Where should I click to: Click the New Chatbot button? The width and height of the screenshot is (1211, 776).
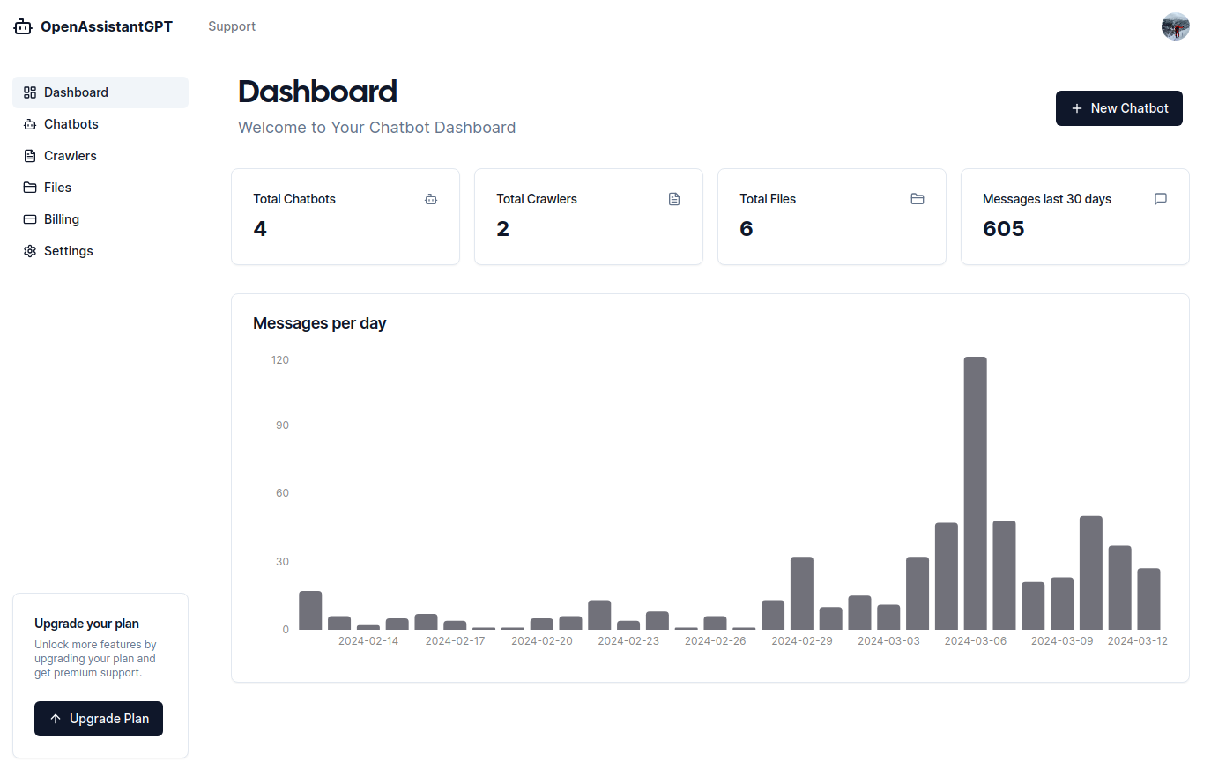click(x=1118, y=108)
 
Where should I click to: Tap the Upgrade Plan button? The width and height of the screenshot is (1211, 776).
click(x=99, y=719)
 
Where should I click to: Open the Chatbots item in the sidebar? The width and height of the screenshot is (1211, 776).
click(x=71, y=124)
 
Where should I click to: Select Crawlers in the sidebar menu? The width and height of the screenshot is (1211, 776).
click(x=70, y=156)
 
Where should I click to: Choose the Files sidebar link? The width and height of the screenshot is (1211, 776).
click(x=57, y=188)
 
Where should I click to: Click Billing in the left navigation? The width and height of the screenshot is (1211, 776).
click(x=61, y=219)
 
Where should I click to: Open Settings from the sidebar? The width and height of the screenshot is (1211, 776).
click(x=68, y=251)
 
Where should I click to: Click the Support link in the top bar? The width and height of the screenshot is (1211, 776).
click(x=232, y=26)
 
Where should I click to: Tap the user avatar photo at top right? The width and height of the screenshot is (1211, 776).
click(x=1175, y=26)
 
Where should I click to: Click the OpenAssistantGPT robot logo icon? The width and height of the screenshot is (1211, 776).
click(x=23, y=27)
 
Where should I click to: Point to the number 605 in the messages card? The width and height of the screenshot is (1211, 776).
click(x=1003, y=229)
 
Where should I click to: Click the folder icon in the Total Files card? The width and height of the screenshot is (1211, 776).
click(x=918, y=199)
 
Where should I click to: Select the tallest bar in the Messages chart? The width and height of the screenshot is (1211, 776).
click(x=975, y=492)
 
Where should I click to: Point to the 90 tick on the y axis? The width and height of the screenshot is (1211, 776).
click(x=282, y=425)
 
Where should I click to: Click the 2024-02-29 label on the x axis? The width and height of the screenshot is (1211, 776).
click(x=801, y=641)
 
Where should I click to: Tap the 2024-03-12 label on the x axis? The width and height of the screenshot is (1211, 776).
click(x=1137, y=641)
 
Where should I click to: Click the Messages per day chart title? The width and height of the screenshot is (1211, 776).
click(x=319, y=323)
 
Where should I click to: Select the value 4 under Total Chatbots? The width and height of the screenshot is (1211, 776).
click(x=260, y=229)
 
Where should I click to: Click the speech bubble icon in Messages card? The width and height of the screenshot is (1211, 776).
click(x=1161, y=199)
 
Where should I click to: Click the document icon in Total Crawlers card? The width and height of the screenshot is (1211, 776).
click(x=674, y=199)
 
